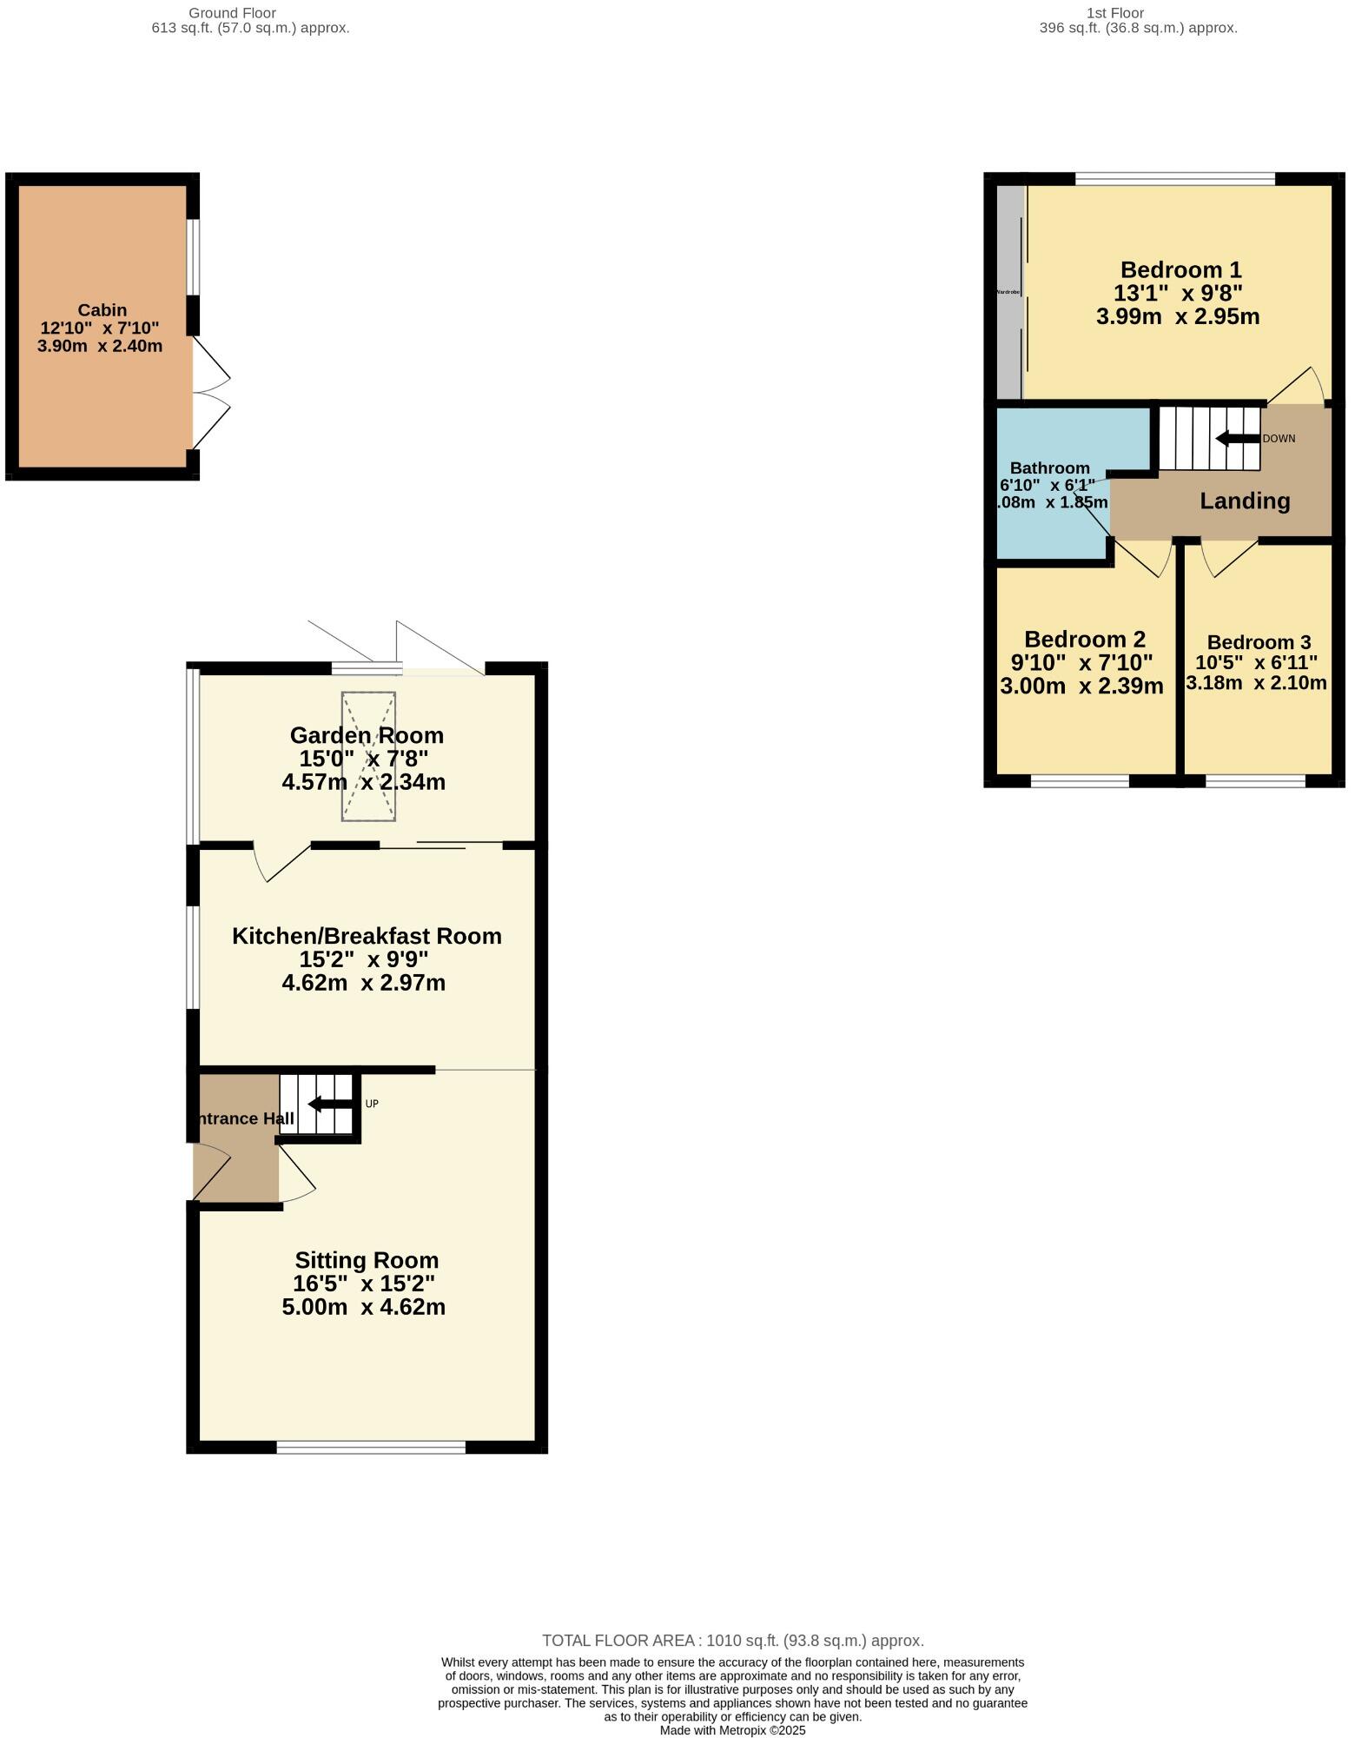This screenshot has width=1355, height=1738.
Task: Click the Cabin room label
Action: (x=102, y=310)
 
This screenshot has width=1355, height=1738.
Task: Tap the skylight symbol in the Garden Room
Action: (x=368, y=755)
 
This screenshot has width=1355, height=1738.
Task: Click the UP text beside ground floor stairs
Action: (x=372, y=1104)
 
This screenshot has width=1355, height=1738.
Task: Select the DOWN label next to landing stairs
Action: (x=1278, y=438)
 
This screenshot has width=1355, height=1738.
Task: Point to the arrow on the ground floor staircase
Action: (x=329, y=1104)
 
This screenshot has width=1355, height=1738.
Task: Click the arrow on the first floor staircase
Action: (x=1237, y=438)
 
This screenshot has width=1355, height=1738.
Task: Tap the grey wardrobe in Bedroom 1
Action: (x=1009, y=292)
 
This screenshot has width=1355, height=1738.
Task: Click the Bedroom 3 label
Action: (x=1258, y=642)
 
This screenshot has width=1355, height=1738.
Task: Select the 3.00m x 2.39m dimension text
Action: (x=1081, y=687)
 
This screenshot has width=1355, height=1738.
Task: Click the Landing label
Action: (x=1244, y=501)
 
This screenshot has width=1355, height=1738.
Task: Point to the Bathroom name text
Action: (x=1049, y=468)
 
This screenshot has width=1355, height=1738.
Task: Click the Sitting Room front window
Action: (x=371, y=1446)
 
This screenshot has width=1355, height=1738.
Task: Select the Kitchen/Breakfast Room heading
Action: (x=366, y=936)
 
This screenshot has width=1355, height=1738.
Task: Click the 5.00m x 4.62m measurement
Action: (x=363, y=1307)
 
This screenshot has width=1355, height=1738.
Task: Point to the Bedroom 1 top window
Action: (x=1174, y=179)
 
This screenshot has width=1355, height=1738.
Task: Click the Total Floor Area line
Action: (x=732, y=1641)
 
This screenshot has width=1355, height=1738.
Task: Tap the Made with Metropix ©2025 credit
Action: (x=732, y=1730)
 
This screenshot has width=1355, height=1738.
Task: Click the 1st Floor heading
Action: (x=1114, y=13)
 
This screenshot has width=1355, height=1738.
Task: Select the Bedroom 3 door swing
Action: (x=1228, y=558)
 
